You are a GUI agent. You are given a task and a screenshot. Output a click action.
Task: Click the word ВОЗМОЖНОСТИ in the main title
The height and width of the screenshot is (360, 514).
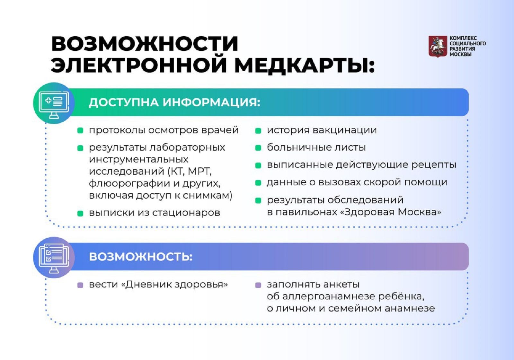[145, 44]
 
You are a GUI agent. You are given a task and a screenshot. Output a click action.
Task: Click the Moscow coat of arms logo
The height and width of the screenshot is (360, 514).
[438, 46]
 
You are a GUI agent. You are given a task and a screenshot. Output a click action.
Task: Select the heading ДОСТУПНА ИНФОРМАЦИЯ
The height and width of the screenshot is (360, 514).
[175, 102]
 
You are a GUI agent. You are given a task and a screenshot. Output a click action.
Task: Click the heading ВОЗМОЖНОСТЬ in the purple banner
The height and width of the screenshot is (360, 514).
[141, 257]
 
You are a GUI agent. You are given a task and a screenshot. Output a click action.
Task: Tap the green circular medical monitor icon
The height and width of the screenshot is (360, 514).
[54, 103]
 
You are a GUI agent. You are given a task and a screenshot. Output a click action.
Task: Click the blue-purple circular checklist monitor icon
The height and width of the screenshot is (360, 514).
[54, 258]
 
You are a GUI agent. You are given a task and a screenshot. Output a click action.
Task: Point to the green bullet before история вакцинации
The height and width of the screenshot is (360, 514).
[258, 131]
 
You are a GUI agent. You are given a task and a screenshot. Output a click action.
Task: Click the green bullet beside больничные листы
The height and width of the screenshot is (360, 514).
[258, 148]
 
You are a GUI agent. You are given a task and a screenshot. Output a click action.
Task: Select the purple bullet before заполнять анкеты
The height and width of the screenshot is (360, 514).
[258, 285]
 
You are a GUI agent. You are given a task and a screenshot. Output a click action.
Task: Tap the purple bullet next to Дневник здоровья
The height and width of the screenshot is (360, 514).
[80, 285]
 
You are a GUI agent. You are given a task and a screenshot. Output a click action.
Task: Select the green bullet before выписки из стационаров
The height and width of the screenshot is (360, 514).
[80, 214]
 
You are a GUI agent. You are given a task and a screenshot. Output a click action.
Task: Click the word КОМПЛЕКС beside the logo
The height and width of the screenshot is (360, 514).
[463, 38]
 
